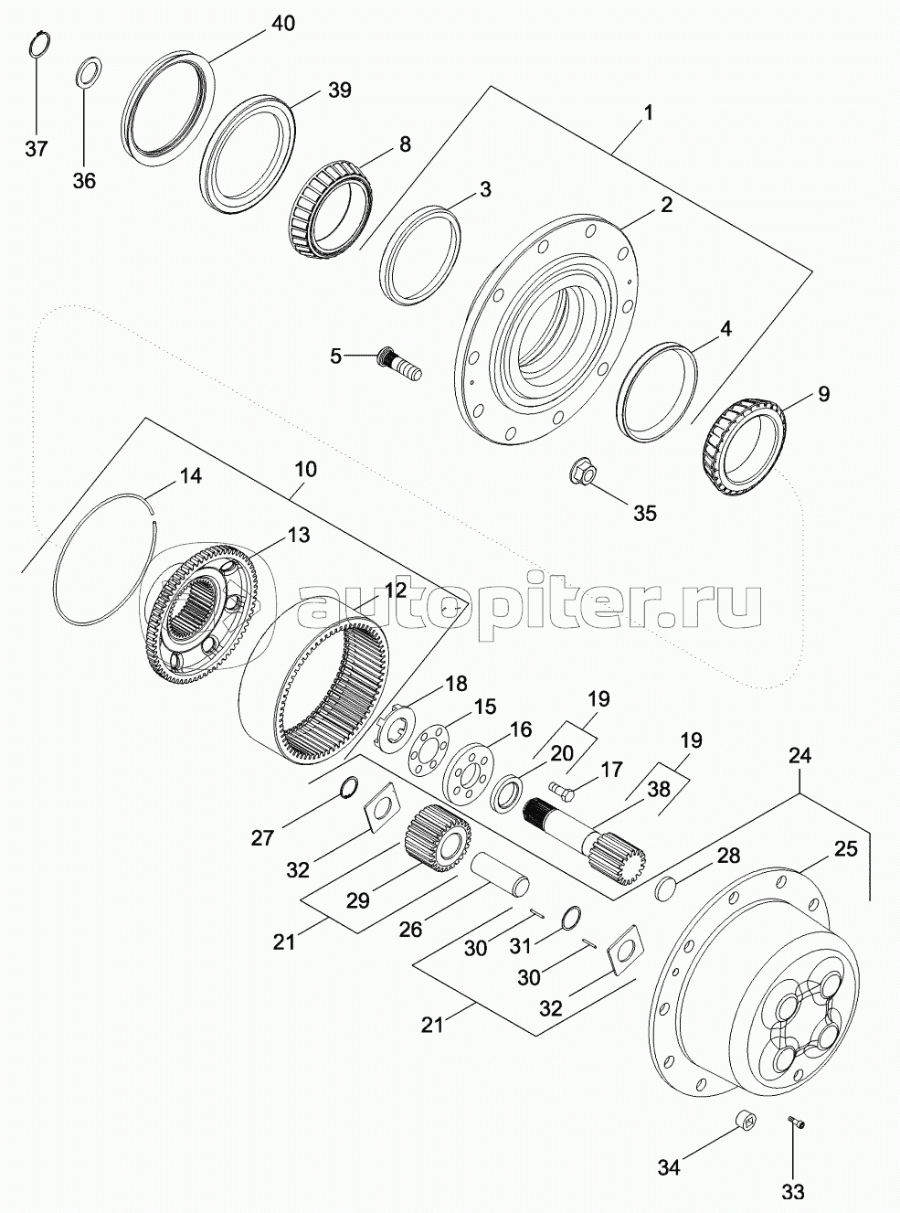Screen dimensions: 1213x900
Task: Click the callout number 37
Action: coord(36,148)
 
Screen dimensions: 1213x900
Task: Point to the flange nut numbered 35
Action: coord(583,473)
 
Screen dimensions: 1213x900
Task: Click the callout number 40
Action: coord(283,24)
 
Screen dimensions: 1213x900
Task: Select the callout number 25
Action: coord(845,849)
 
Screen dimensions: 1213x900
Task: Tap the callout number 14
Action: coord(190,475)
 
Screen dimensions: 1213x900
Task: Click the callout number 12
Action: coord(395,591)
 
